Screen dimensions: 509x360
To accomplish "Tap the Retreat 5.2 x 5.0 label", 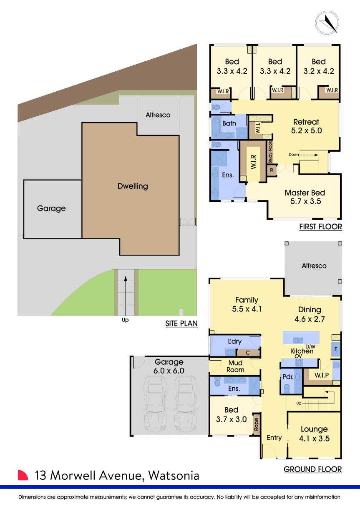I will click(306, 126).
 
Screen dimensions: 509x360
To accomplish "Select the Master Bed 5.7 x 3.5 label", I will click(305, 197).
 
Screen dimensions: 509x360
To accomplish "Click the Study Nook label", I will click(270, 153).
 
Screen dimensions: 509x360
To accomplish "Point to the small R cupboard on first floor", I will click(271, 171).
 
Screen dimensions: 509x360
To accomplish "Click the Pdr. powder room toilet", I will click(286, 388).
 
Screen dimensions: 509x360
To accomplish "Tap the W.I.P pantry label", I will click(322, 375).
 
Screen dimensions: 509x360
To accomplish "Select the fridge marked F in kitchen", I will click(336, 349).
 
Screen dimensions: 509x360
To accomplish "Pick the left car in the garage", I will click(155, 403).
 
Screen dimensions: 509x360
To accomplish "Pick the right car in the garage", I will click(186, 403).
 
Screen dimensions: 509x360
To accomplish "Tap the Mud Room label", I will click(235, 366).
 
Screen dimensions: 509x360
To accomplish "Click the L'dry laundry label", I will click(234, 341).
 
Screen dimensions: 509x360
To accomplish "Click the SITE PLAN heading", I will click(181, 323).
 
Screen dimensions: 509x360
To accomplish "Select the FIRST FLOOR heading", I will click(320, 227).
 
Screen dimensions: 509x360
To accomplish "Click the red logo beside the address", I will click(23, 475).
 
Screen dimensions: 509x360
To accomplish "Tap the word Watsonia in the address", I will click(174, 475).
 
